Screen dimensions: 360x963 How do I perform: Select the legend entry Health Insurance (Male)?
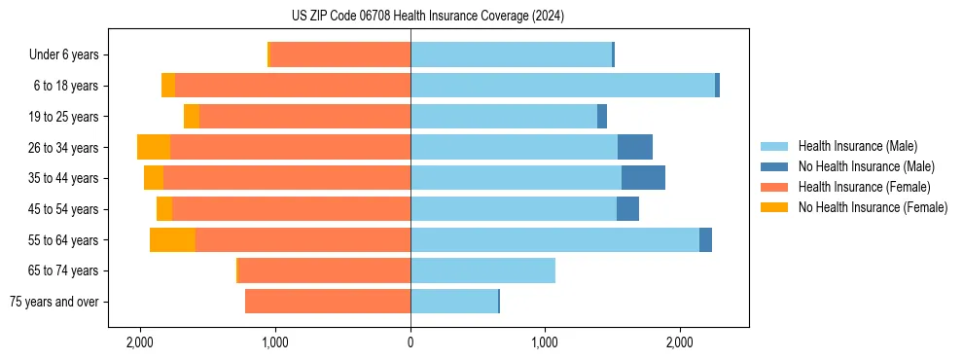(857, 146)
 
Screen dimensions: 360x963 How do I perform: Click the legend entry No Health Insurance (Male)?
(866, 166)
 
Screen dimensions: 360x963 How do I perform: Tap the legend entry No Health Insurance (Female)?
(873, 207)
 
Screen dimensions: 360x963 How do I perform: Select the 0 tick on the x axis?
(410, 342)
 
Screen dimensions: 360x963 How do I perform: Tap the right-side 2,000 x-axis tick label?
(680, 342)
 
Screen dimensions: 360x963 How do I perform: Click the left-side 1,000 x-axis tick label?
(275, 342)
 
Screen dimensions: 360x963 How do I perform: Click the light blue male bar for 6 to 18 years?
(562, 86)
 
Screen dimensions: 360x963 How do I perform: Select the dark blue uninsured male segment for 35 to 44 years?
(643, 178)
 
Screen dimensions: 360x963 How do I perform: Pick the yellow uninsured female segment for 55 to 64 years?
(172, 239)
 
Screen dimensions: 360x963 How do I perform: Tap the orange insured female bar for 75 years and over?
(327, 302)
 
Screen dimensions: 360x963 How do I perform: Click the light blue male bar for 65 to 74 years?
(482, 270)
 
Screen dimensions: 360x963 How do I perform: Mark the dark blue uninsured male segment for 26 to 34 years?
(634, 147)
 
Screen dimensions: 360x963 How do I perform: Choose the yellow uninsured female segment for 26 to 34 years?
(154, 147)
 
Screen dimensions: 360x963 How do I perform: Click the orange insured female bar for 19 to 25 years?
(304, 117)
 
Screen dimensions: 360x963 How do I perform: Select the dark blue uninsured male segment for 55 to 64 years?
(705, 239)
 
